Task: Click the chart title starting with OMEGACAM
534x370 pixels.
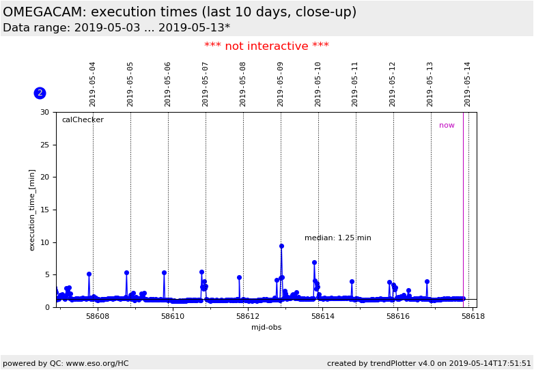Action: click(180, 12)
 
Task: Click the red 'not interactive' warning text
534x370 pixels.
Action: click(266, 46)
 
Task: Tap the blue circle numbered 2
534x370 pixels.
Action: click(40, 93)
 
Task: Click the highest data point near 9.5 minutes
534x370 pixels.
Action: click(281, 246)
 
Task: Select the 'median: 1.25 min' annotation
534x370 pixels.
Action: click(337, 238)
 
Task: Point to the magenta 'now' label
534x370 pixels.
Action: click(447, 126)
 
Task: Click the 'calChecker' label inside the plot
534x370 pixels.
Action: click(83, 120)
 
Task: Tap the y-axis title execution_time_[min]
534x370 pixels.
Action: click(32, 210)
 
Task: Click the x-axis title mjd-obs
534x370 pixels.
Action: click(266, 327)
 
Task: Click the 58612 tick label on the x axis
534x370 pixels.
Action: click(248, 316)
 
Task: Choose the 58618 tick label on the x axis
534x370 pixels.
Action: click(473, 316)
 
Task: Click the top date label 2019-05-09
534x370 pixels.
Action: click(281, 84)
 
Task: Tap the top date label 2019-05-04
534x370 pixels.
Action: click(93, 84)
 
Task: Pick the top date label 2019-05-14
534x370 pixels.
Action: click(468, 84)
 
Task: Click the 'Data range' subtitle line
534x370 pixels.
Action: click(116, 28)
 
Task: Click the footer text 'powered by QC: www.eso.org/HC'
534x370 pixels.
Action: click(66, 364)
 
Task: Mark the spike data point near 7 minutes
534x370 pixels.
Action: click(314, 262)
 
